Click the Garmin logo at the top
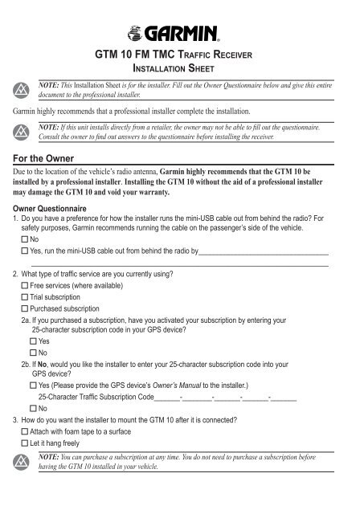(180, 34)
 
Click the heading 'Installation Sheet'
(181, 70)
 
